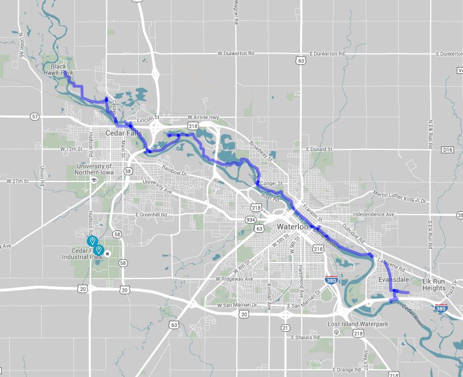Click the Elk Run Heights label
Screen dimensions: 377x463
(x=434, y=285)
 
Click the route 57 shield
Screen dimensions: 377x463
(x=35, y=117)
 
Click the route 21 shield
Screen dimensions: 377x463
(x=285, y=327)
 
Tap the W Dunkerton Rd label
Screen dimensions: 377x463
(x=236, y=54)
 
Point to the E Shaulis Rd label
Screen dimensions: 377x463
(x=305, y=338)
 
